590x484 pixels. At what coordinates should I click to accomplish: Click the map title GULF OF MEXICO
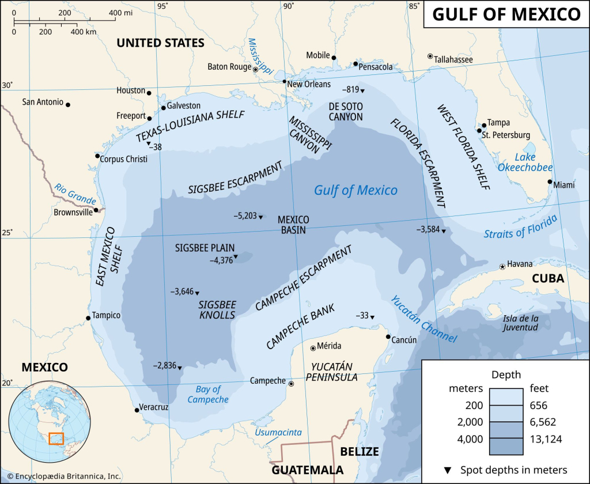(x=506, y=14)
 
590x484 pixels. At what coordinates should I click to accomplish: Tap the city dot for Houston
(x=149, y=93)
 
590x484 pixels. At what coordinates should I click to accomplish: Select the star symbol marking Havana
(x=502, y=266)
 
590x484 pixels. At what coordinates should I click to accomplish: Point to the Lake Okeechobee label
(x=525, y=162)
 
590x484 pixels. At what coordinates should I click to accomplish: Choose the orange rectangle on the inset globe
(x=56, y=438)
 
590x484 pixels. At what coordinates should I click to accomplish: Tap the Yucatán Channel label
(x=422, y=320)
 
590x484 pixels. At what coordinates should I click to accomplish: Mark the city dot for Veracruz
(x=137, y=410)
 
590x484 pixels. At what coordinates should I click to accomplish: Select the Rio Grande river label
(x=75, y=194)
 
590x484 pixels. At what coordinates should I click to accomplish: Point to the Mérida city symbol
(x=313, y=347)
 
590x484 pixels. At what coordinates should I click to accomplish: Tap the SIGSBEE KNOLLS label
(x=217, y=309)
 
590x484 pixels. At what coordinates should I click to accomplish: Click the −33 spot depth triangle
(x=372, y=317)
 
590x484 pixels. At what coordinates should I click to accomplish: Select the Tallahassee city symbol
(x=430, y=56)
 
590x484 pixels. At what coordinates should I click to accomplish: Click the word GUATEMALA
(x=307, y=470)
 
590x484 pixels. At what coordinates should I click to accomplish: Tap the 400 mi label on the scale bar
(x=120, y=13)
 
